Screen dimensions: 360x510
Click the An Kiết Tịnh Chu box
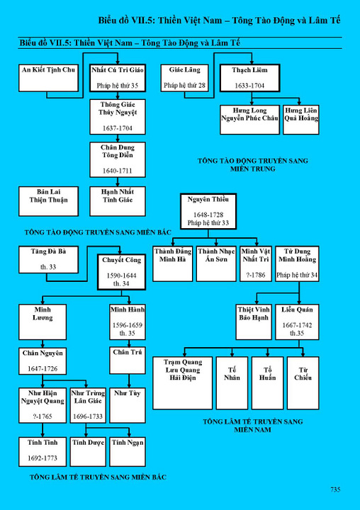48,78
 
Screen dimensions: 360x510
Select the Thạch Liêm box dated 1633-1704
249,78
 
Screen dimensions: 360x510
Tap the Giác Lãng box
184,78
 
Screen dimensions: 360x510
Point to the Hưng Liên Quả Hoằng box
301,120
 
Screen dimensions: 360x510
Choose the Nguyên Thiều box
208,211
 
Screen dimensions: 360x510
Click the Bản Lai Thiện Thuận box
48,201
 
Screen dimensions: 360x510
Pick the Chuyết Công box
121,272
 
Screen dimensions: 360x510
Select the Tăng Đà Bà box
48,259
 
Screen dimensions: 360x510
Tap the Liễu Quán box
297,322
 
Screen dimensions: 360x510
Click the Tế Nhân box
232,382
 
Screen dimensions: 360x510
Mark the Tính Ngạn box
128,452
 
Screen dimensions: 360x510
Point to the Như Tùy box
128,405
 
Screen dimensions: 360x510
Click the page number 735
335,489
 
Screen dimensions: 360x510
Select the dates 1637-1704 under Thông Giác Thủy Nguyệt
118,128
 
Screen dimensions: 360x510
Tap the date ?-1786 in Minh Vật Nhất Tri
256,275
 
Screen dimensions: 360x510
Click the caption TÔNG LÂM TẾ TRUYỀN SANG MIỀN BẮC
98,477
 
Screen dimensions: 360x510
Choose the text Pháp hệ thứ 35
118,86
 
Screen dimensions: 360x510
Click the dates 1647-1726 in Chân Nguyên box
43,369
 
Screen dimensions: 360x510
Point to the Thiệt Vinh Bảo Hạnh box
254,322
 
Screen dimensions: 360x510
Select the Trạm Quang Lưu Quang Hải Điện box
183,382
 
